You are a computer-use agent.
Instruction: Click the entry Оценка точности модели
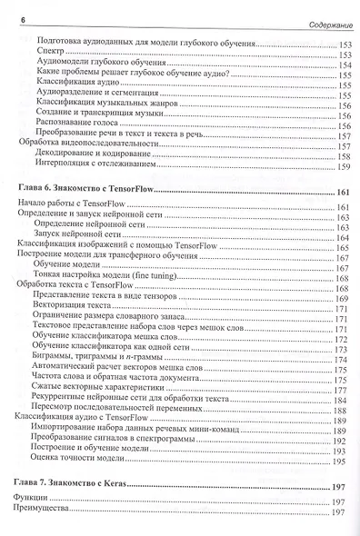[x=76, y=460]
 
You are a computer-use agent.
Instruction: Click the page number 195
[x=343, y=461]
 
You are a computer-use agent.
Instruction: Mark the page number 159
[x=343, y=167]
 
